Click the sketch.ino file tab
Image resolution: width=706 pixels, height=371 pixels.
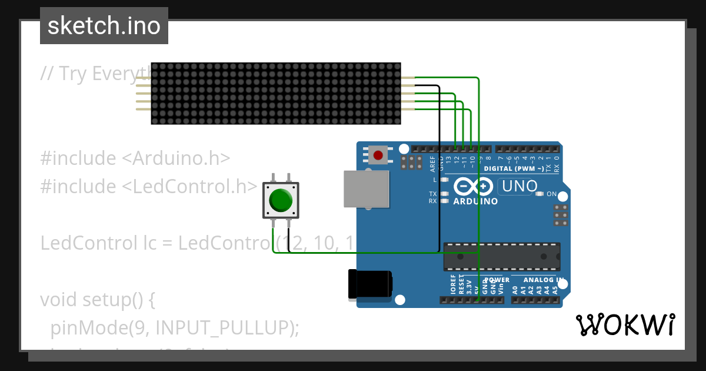coord(104,26)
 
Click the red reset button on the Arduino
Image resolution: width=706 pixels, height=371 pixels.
coord(378,155)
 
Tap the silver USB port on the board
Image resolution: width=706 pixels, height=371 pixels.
coord(366,189)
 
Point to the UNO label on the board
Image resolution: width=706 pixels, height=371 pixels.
coord(518,187)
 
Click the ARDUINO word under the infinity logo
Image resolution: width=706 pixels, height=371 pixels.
coord(475,201)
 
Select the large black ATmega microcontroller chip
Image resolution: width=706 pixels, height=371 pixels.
coord(501,256)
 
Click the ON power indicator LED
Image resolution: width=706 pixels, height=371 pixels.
coord(540,194)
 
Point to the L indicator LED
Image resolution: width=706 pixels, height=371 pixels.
coord(445,180)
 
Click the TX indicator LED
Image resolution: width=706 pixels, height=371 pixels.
coord(445,194)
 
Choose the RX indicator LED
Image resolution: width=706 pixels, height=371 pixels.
coord(445,201)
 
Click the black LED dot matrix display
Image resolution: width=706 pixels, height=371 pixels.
coord(276,93)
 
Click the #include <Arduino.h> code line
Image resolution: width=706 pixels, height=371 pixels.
coord(135,158)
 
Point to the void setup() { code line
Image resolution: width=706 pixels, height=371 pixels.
coord(98,300)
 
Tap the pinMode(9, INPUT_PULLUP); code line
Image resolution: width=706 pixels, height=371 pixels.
coord(175,327)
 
